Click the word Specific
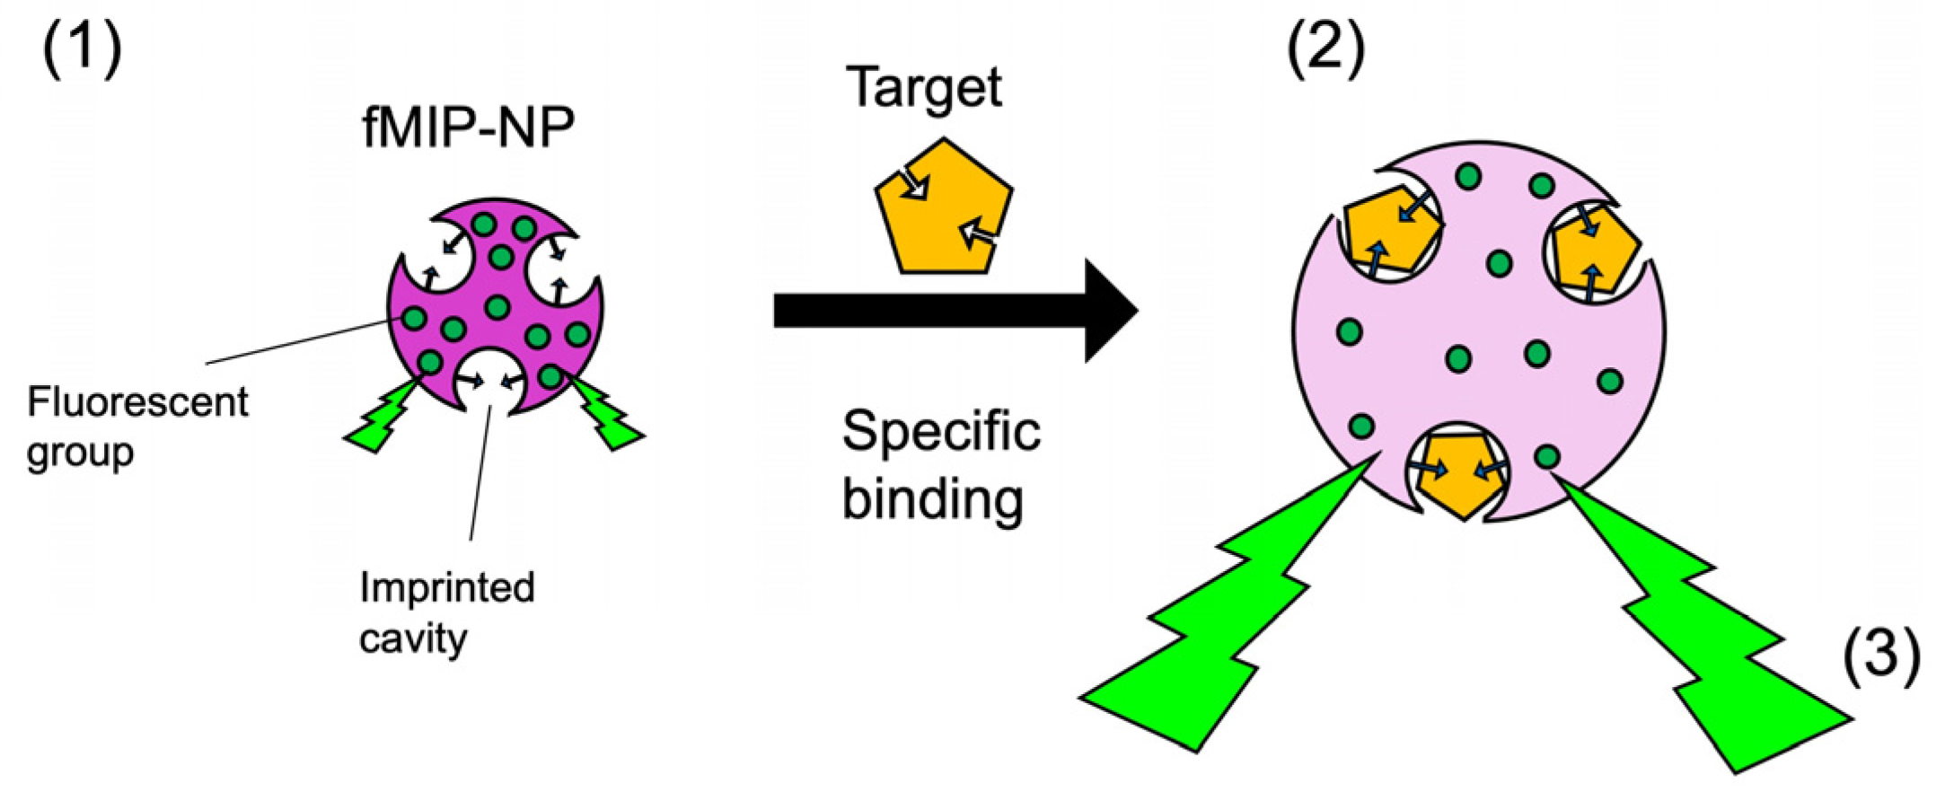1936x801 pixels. pos(940,432)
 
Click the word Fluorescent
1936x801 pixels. pos(137,403)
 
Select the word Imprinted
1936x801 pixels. pos(447,587)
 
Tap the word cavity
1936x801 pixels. pos(413,638)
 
